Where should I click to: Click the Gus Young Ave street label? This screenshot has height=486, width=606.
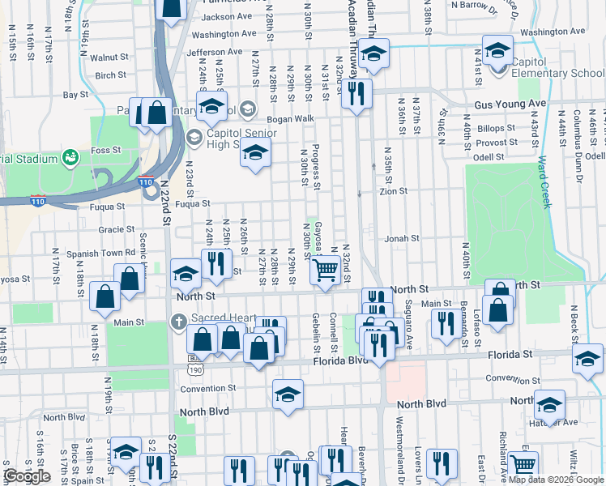click(x=510, y=104)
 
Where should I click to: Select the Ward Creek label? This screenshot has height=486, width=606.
click(x=544, y=182)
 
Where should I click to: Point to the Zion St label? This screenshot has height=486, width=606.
click(x=394, y=192)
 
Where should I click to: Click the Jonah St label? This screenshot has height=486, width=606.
click(x=402, y=239)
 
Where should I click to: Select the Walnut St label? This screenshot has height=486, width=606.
click(x=109, y=58)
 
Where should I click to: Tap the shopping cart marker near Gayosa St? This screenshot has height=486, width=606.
click(x=325, y=270)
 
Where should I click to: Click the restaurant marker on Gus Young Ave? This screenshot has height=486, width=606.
click(x=356, y=94)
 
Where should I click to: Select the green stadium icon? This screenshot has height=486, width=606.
click(x=70, y=156)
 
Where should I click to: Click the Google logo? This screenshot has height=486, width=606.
click(x=27, y=476)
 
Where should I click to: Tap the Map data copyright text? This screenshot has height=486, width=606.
click(x=556, y=480)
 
